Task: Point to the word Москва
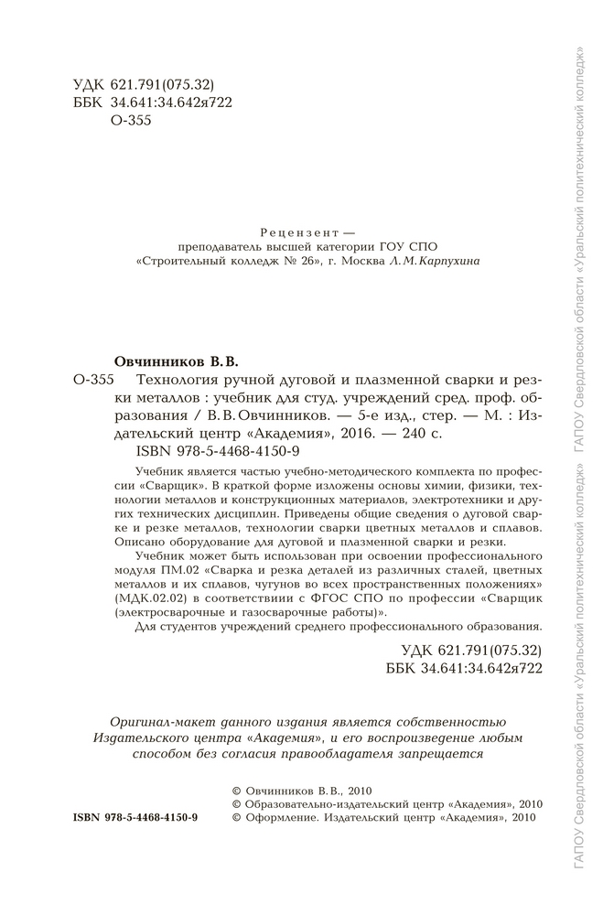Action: click(365, 261)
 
